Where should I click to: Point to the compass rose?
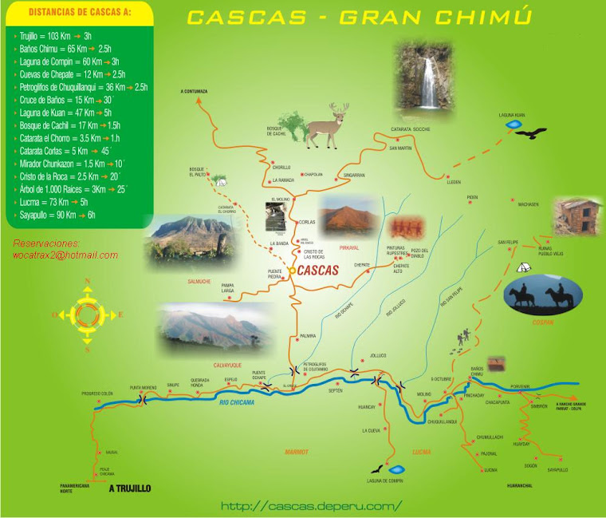click(87, 314)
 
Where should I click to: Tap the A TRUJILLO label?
click(129, 487)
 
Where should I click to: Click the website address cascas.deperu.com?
click(312, 505)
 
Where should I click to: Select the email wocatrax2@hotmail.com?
click(65, 255)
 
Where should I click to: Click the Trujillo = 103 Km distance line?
click(56, 37)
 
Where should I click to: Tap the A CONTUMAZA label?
click(194, 92)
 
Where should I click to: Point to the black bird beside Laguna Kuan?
click(530, 132)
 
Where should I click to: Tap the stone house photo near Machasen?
click(577, 216)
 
